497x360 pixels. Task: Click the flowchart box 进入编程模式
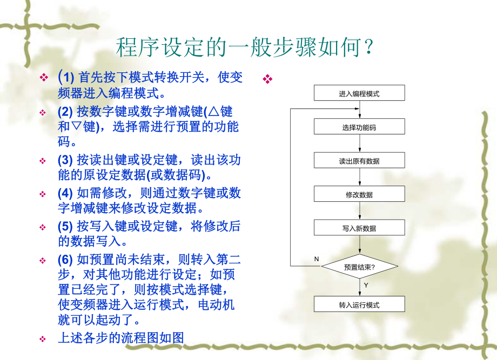[x=359, y=93]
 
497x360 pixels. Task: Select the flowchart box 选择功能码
[x=359, y=127]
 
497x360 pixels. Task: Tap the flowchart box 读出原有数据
[x=359, y=161]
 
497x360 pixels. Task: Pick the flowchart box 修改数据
[x=359, y=195]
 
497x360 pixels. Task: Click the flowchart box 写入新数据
[x=359, y=228]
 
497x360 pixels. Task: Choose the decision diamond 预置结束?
[x=359, y=267]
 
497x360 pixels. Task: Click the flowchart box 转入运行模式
[x=359, y=305]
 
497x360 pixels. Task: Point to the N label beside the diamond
[x=317, y=259]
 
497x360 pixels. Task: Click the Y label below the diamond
[x=366, y=285]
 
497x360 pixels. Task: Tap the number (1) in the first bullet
[x=65, y=78]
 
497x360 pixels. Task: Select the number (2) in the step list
[x=65, y=112]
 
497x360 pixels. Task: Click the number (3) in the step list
[x=65, y=160]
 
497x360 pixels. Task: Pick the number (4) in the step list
[x=65, y=194]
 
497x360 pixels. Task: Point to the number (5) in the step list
[x=65, y=227]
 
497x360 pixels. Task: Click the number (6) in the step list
[x=65, y=260]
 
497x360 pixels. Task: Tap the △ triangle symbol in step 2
[x=212, y=112]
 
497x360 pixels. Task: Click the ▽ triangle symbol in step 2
[x=79, y=127]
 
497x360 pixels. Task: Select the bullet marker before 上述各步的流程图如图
[x=43, y=339]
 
